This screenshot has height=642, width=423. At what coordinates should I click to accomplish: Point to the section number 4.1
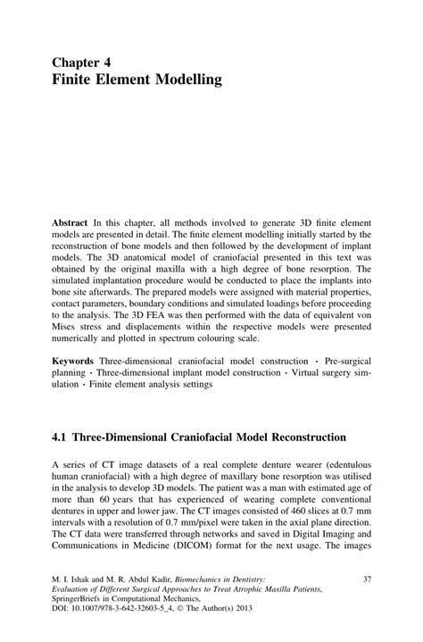click(60, 438)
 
